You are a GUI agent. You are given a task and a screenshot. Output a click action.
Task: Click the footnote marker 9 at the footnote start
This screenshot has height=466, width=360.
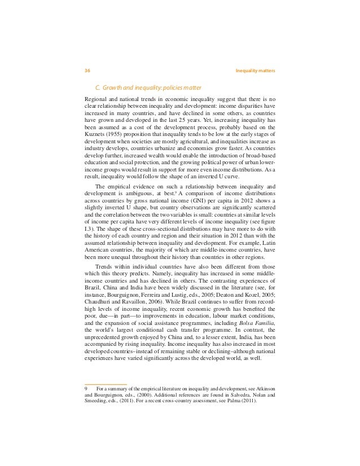(85, 389)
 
